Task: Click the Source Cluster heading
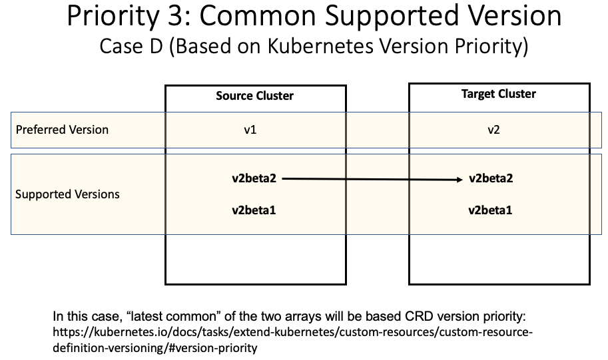click(x=254, y=96)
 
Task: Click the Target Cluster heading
click(x=498, y=94)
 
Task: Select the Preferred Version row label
click(x=62, y=130)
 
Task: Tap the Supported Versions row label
click(x=67, y=194)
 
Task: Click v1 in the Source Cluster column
click(x=250, y=130)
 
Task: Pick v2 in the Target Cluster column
click(x=493, y=130)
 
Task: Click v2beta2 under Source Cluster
click(x=254, y=178)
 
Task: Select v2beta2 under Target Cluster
click(x=491, y=178)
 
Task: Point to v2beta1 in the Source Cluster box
click(x=254, y=210)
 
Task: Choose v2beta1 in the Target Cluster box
click(x=491, y=210)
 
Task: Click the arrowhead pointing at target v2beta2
click(x=459, y=179)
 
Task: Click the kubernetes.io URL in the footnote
click(x=293, y=331)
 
